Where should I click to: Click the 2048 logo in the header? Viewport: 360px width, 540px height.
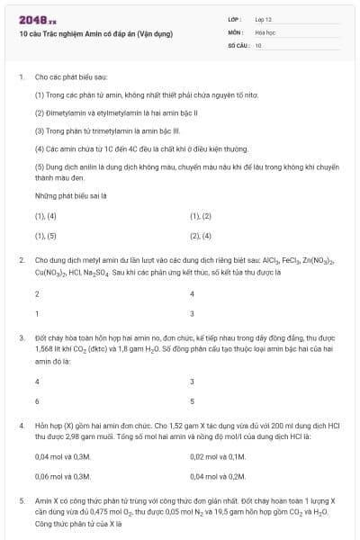[35, 19]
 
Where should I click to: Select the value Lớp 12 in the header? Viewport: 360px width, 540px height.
[264, 18]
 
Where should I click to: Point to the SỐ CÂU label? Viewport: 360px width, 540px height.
[238, 44]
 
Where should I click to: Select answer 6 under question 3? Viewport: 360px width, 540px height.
[37, 400]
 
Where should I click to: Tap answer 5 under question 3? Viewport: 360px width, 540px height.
[192, 400]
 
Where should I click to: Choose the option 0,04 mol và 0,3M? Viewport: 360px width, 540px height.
[63, 457]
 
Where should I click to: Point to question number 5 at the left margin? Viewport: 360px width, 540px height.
[22, 499]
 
